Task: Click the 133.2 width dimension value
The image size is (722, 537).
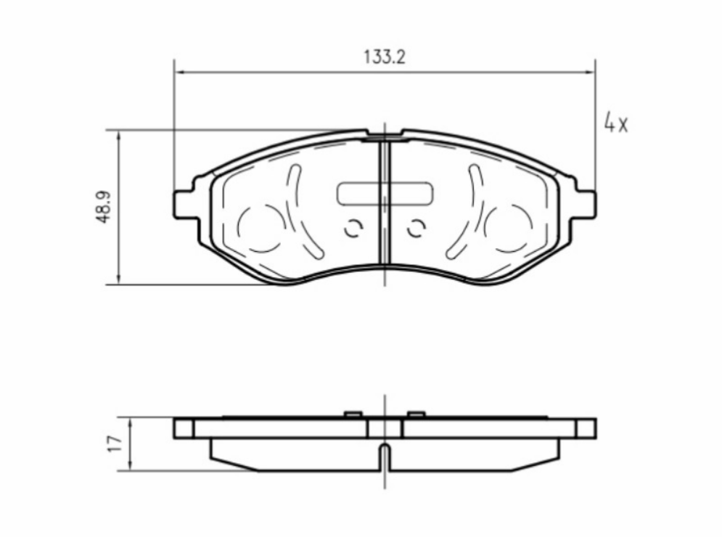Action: [x=385, y=57]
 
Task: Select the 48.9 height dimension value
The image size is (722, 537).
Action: [x=103, y=208]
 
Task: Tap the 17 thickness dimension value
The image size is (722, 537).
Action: [x=115, y=443]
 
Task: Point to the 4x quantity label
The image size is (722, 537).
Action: [x=615, y=123]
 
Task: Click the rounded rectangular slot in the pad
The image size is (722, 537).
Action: [x=385, y=194]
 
